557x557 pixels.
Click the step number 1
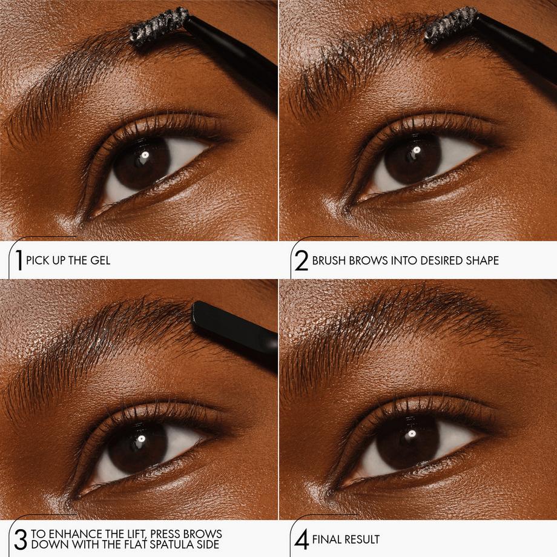pos(19,261)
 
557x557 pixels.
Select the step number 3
pos(19,539)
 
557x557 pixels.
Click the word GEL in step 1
pos(101,261)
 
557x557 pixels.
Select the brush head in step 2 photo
pos(452,25)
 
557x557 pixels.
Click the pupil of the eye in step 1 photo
pos(142,162)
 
